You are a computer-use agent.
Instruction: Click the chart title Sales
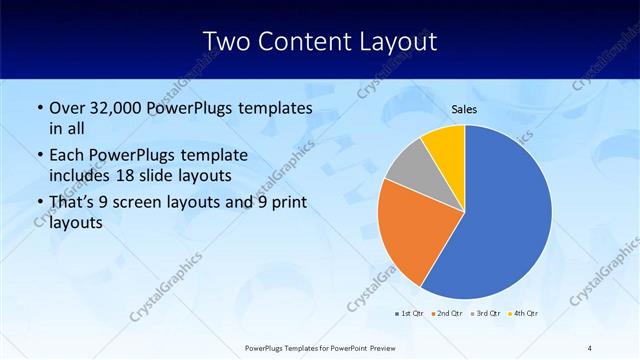pos(464,108)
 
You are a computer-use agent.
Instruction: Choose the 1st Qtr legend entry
pos(408,314)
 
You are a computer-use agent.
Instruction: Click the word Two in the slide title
pos(226,42)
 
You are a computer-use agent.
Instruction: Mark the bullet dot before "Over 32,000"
pos(39,107)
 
